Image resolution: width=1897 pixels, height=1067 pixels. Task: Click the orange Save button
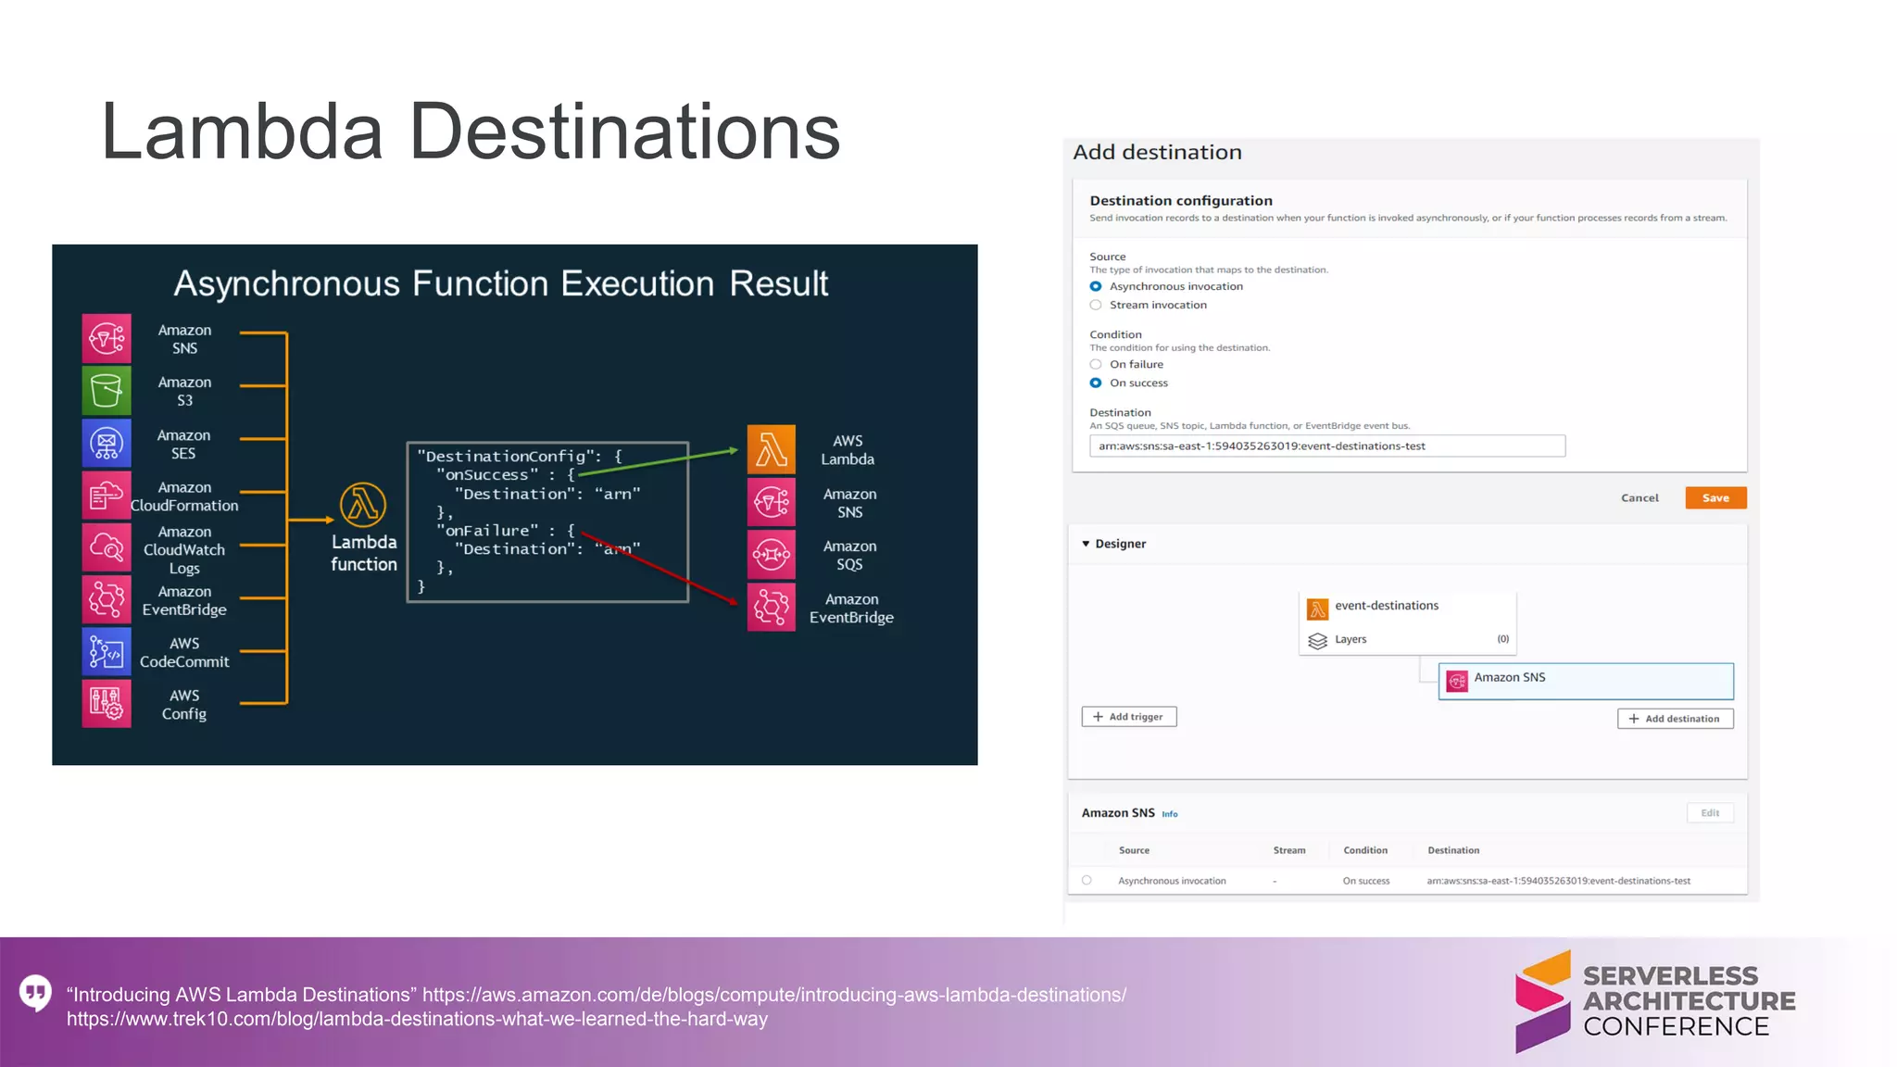[1715, 497]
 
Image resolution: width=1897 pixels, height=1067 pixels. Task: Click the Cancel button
[1639, 497]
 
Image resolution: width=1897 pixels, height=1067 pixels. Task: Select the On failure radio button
[1096, 364]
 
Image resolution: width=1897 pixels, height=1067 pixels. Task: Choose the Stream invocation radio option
[1096, 305]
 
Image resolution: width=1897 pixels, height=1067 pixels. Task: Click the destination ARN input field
[1326, 446]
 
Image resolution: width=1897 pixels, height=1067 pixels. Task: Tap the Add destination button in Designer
[1675, 719]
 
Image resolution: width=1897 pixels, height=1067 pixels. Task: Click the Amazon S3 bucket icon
[107, 391]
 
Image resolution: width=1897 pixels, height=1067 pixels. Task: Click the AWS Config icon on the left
[107, 704]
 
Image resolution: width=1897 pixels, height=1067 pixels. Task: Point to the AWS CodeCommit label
[184, 652]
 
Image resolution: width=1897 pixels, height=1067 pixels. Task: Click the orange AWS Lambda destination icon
[771, 449]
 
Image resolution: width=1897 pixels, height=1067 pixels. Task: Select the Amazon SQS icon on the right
[771, 555]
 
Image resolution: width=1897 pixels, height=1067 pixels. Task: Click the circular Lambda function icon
[363, 505]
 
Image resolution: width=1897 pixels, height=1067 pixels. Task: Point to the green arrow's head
[734, 450]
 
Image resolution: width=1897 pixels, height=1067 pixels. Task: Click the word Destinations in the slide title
[624, 132]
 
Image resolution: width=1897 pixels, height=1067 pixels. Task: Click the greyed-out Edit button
[1710, 813]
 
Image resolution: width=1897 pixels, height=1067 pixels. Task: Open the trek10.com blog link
[417, 1020]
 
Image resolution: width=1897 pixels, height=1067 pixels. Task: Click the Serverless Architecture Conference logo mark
[1542, 1001]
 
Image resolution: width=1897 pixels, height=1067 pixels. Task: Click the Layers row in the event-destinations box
[1407, 639]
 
